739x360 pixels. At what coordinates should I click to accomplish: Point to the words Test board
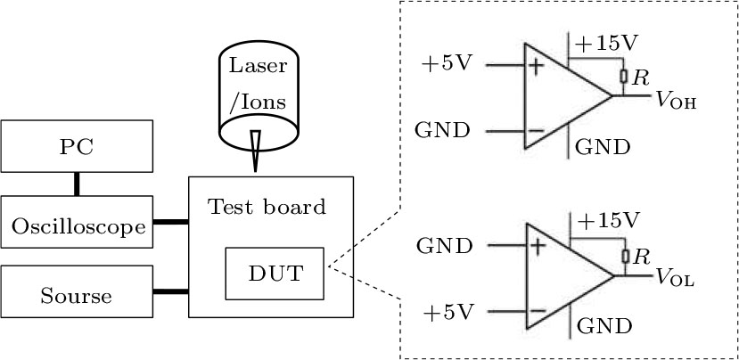coord(267,207)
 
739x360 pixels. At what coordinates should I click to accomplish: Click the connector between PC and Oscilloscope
coord(77,182)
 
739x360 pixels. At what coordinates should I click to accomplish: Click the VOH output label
coord(675,102)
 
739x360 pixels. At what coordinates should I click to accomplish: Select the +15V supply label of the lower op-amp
coord(608,219)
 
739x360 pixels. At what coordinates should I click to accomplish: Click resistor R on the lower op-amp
coord(626,257)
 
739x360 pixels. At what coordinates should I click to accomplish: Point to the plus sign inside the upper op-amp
coord(536,67)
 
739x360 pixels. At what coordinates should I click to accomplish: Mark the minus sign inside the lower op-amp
coord(536,311)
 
